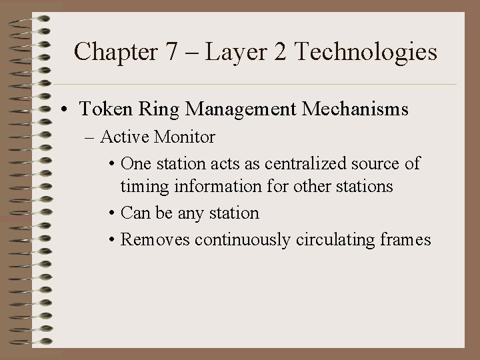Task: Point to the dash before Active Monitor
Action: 90,138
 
